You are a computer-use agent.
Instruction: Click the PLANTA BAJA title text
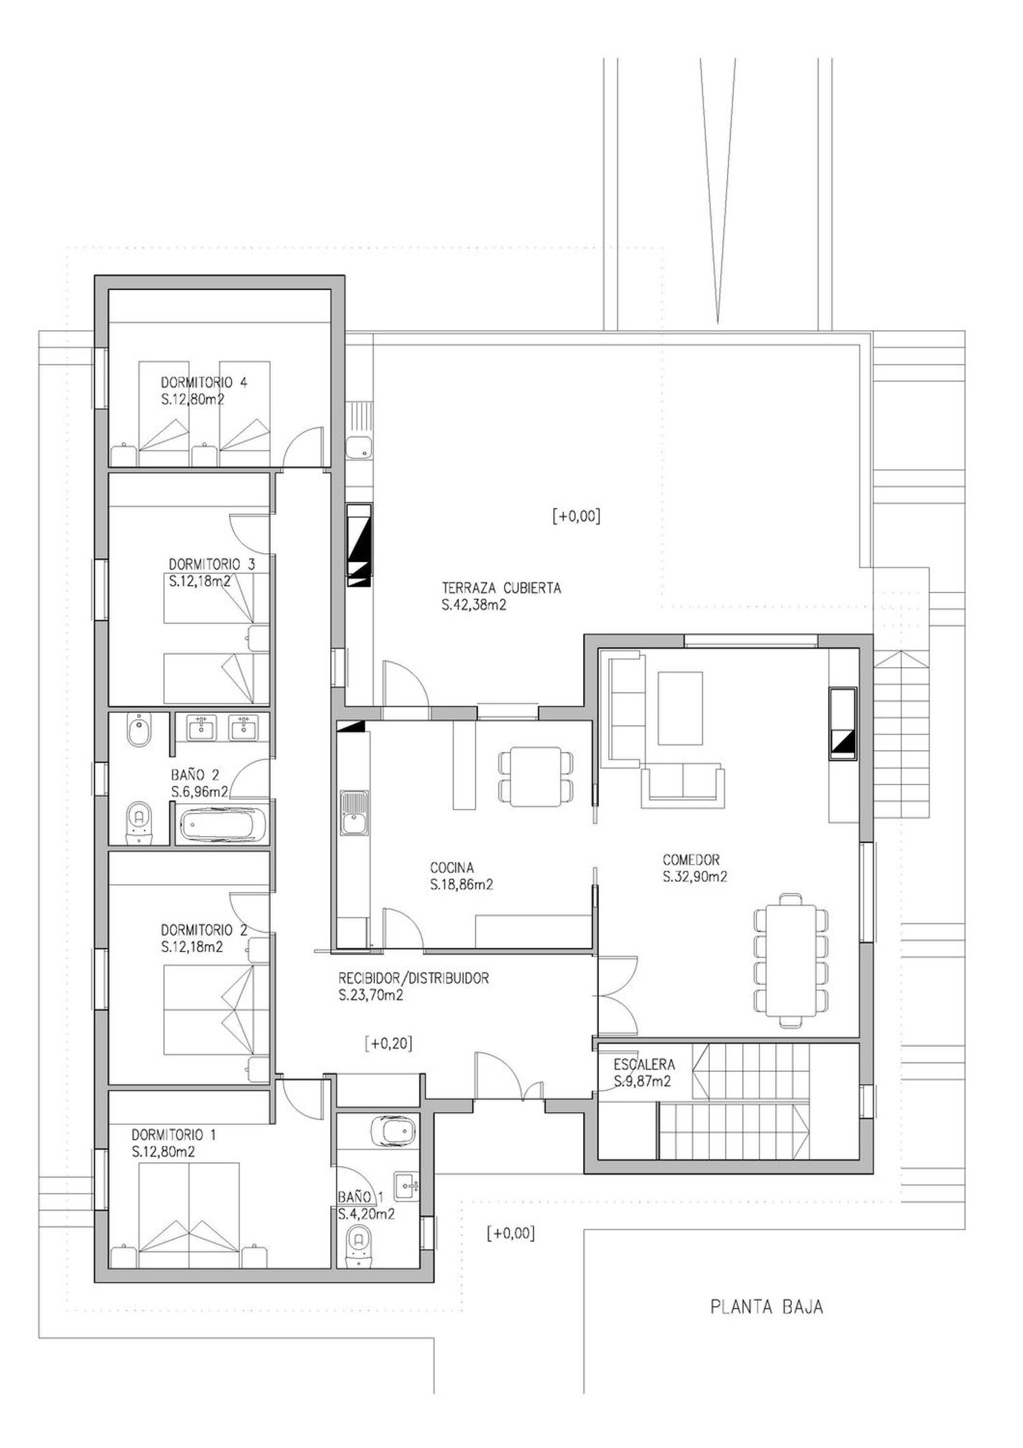tap(767, 1307)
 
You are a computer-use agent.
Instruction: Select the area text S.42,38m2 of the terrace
tap(474, 605)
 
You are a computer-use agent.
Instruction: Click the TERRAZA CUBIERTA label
tap(501, 588)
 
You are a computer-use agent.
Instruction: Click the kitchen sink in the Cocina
tap(353, 813)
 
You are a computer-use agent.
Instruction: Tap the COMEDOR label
tap(691, 860)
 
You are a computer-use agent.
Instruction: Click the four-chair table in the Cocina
tap(536, 775)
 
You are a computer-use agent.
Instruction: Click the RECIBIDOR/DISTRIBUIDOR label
tap(413, 979)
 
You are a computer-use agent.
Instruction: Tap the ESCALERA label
tap(644, 1064)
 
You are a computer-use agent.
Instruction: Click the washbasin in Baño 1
tap(406, 1187)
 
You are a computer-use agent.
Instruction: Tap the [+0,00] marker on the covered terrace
tap(576, 516)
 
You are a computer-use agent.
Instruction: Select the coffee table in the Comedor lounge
tap(680, 708)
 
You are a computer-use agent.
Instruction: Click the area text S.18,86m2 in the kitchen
tap(462, 885)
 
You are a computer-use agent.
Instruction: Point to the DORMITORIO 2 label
tap(203, 930)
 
